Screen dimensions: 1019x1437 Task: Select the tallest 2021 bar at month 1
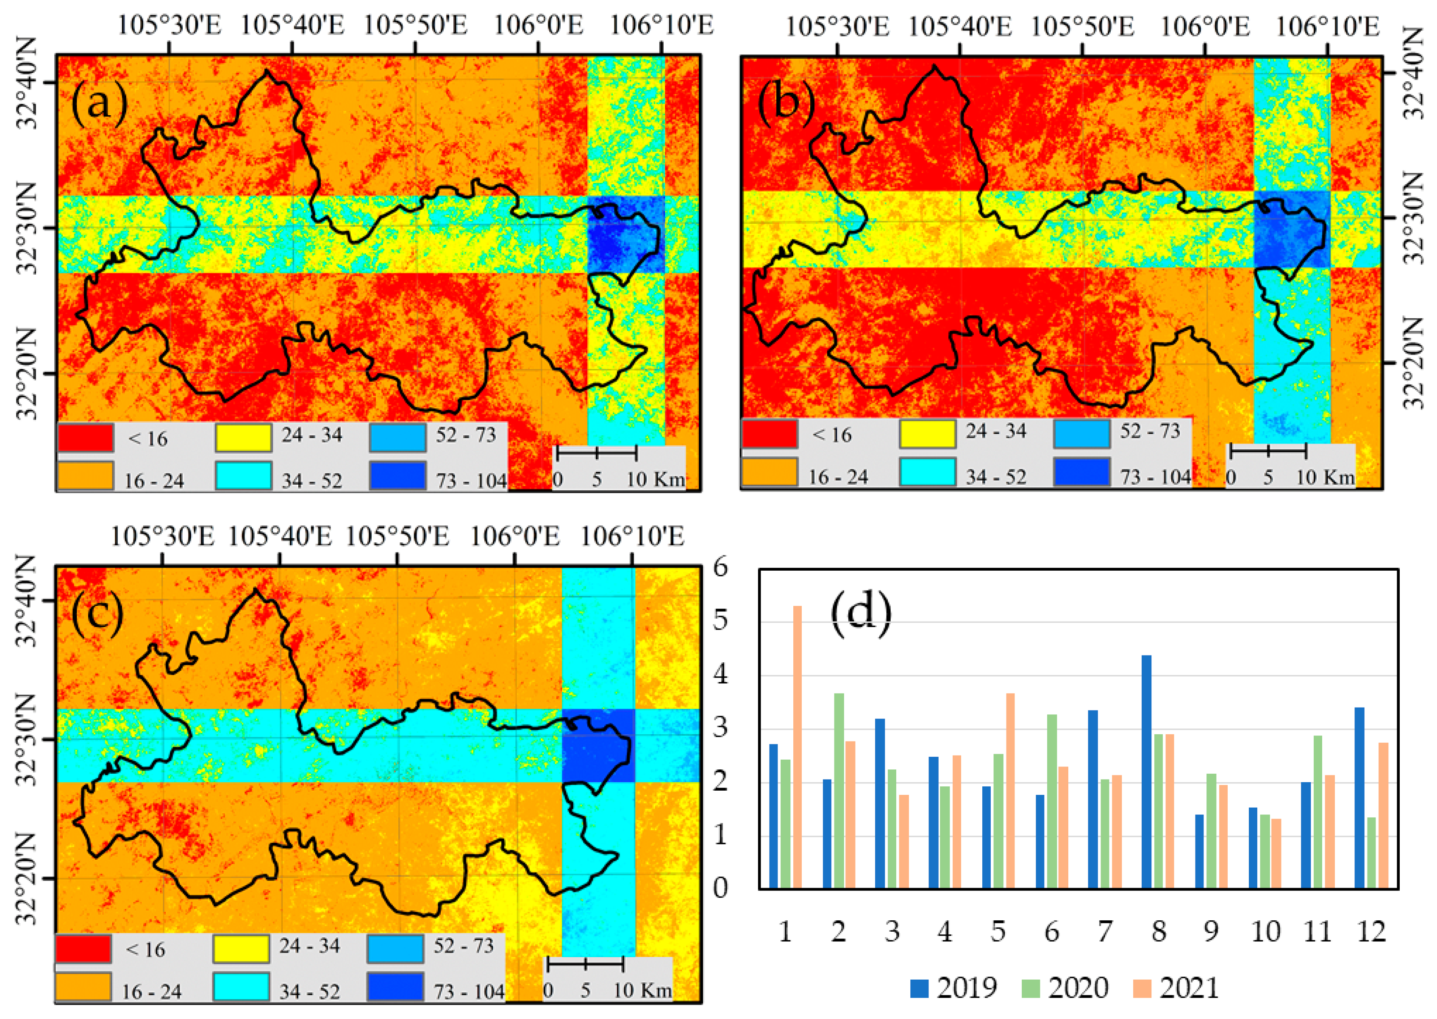pos(797,747)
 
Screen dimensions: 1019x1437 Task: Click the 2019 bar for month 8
pos(1146,772)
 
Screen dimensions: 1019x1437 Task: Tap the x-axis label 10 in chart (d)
pos(1266,932)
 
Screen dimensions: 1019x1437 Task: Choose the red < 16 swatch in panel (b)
pos(769,433)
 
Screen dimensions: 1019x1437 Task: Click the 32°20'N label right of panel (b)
pos(1413,363)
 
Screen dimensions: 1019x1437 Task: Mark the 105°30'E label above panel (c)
pos(163,536)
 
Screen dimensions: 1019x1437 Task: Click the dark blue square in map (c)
pos(598,745)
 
